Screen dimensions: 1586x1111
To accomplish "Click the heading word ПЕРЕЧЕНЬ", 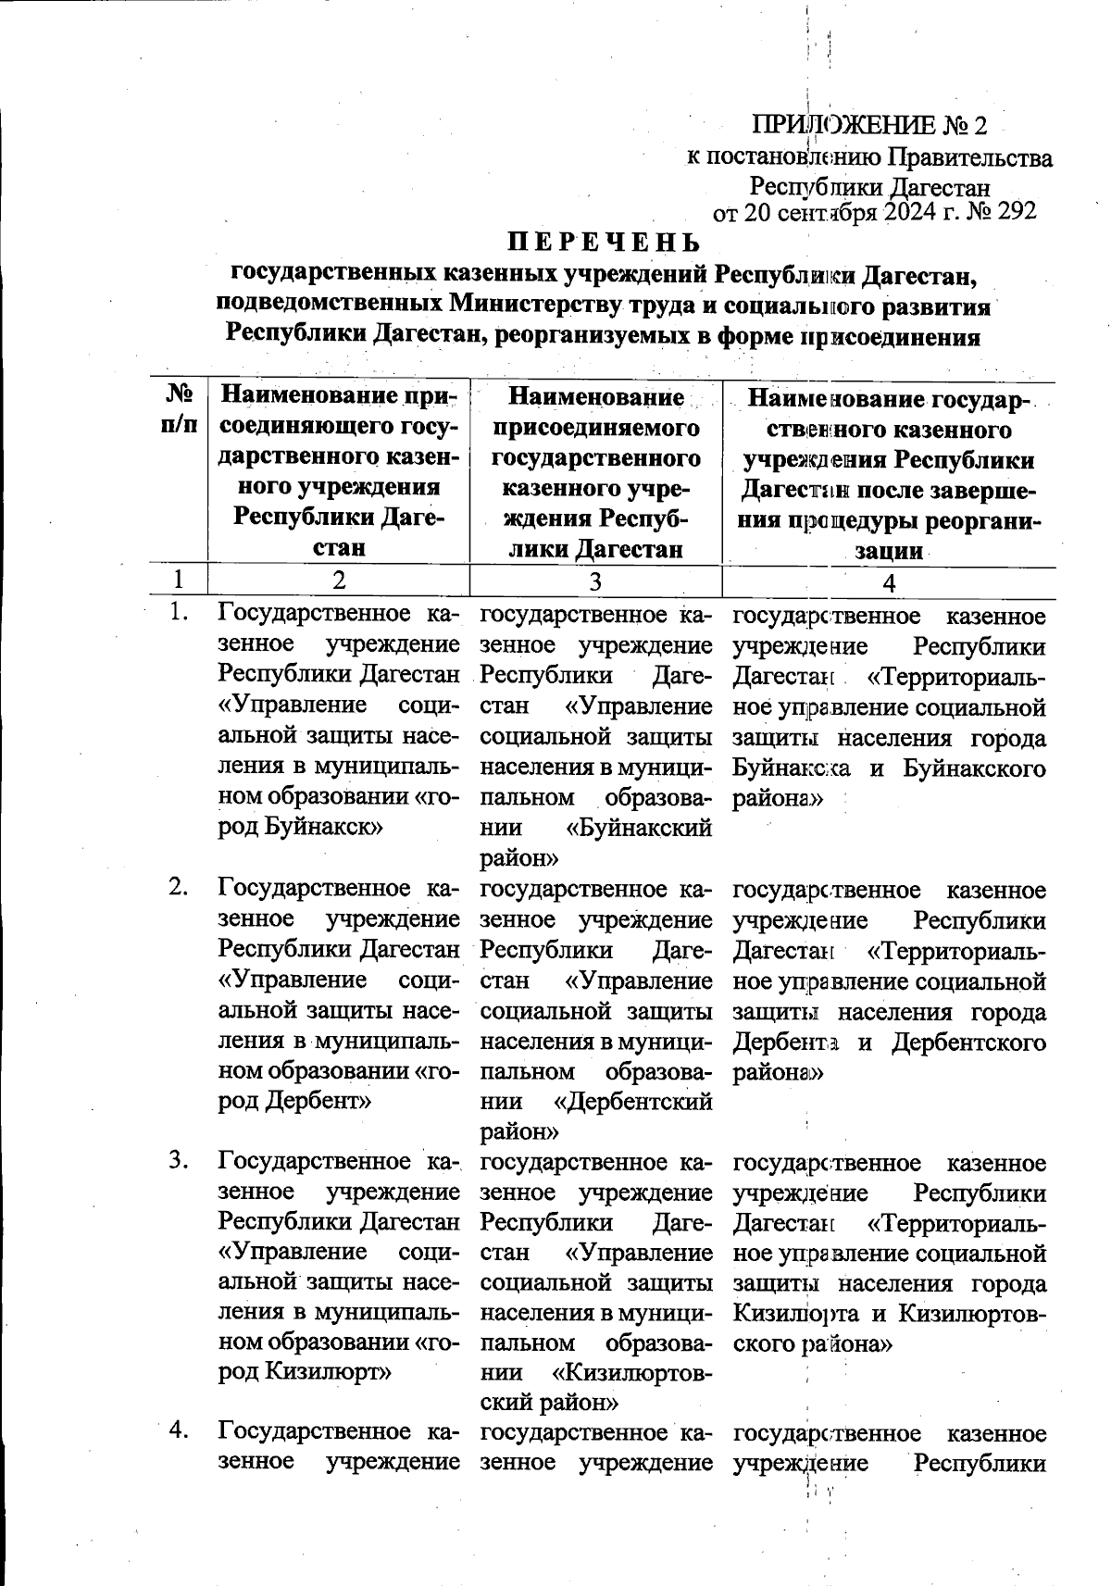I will tap(602, 243).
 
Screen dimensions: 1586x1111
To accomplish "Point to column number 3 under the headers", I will tap(595, 582).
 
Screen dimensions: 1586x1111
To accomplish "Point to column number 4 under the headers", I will tap(889, 582).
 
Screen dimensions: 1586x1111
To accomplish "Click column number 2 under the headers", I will tap(340, 581).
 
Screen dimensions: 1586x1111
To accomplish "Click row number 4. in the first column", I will tap(179, 1430).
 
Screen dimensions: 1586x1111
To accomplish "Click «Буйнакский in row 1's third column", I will tap(635, 828).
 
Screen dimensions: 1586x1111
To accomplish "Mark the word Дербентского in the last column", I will tap(969, 1043).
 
